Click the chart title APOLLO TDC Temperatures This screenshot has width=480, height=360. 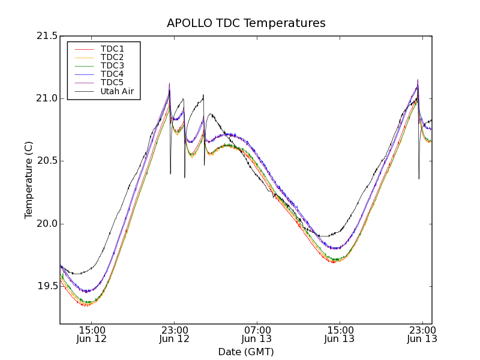[x=246, y=23]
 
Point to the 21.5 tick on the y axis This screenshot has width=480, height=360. [x=47, y=36]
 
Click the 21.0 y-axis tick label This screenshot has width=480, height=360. [x=47, y=98]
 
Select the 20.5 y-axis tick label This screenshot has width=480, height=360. [x=47, y=161]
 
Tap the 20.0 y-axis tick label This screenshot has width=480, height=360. [x=47, y=224]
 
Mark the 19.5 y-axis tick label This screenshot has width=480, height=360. [x=47, y=286]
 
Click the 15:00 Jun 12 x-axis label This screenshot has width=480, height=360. [x=92, y=334]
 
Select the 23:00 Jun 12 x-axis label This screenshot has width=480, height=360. [x=175, y=334]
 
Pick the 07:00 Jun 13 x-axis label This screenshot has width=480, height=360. [x=257, y=334]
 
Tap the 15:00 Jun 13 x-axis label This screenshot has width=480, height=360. [x=340, y=334]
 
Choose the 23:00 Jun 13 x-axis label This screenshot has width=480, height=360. [x=422, y=334]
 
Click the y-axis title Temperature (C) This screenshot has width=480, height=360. [x=29, y=180]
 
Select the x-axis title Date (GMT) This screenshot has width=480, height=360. [x=246, y=352]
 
